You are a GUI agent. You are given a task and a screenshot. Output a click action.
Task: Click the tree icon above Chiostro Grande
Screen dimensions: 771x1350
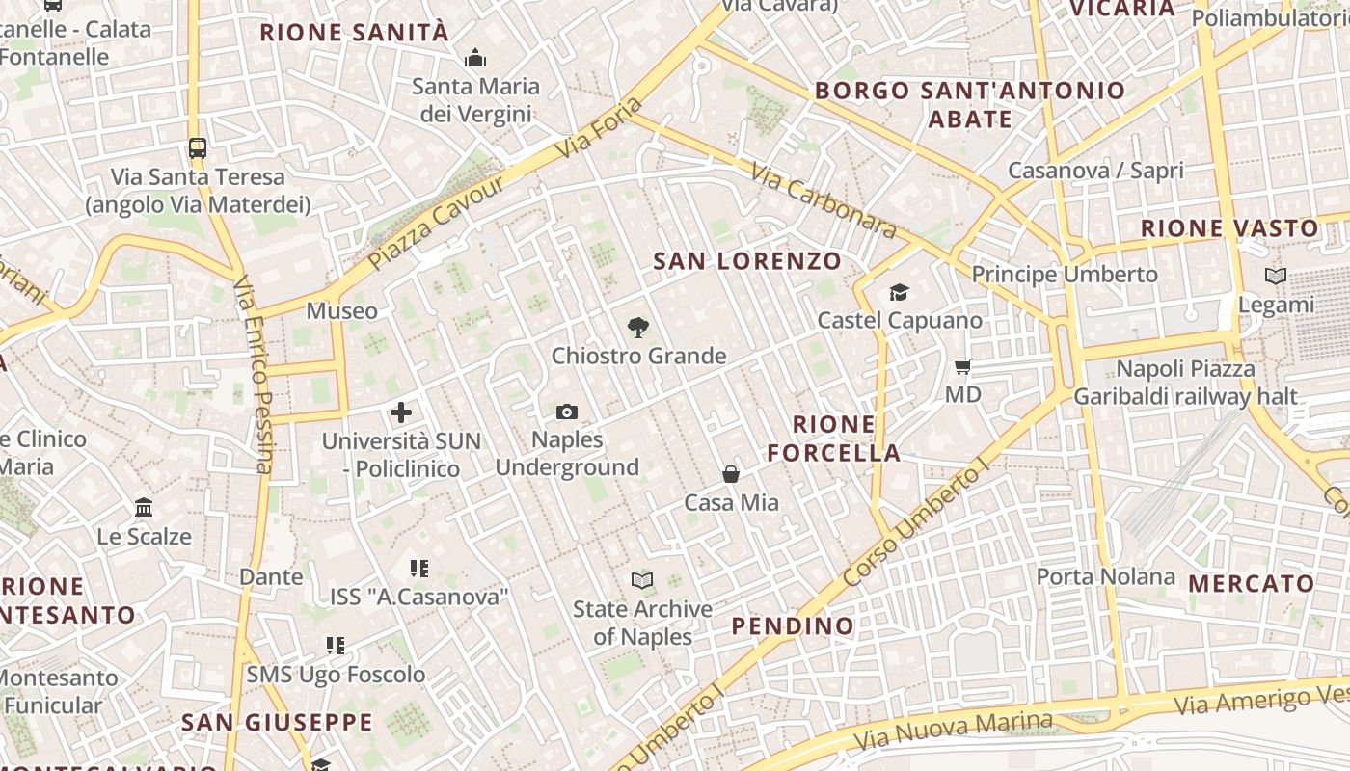(637, 328)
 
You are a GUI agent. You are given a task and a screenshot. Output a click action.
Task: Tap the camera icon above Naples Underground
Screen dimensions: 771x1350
(567, 412)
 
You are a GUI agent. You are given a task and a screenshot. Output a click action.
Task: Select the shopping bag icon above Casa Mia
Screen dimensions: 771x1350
(731, 474)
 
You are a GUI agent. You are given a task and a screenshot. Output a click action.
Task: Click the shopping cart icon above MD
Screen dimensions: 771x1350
(962, 366)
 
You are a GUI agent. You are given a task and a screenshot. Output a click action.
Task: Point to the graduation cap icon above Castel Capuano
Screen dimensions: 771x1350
(899, 292)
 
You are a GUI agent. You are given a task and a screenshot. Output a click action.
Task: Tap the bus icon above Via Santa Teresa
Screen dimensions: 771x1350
(198, 148)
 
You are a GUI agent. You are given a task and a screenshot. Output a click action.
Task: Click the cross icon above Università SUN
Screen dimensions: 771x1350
(401, 413)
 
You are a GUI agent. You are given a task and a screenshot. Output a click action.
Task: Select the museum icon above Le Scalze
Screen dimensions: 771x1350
(144, 507)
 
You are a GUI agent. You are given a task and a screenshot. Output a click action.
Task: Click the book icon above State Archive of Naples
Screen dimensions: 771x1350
(642, 580)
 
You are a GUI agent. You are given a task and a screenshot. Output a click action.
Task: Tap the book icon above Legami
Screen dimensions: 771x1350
(1276, 277)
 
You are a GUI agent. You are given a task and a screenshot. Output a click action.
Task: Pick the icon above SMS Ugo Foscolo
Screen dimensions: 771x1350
(336, 645)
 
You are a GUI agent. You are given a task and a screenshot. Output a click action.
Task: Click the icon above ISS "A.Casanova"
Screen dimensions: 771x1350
(418, 569)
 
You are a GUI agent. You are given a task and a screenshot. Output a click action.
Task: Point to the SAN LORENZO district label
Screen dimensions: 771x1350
(747, 261)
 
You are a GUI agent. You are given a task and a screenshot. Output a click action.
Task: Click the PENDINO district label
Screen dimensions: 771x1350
(793, 626)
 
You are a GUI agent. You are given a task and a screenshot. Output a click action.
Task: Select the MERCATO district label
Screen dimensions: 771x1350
(1252, 584)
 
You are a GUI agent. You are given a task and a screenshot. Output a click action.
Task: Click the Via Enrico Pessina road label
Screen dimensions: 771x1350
(254, 376)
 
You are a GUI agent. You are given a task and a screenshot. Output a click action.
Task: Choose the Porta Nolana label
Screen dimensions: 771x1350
(1106, 577)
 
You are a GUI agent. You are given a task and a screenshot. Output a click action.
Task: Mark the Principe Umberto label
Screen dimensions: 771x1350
(1065, 275)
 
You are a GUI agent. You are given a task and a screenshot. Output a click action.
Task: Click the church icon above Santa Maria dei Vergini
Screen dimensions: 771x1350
(475, 59)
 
